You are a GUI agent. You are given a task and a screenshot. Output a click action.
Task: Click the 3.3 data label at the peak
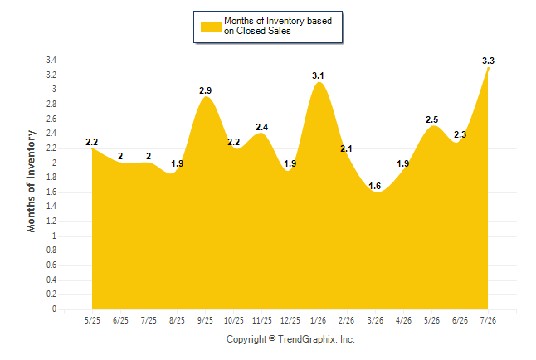tap(488, 61)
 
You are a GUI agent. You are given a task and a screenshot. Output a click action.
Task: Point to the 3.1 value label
tap(318, 75)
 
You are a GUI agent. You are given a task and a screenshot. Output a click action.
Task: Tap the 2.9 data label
tap(206, 90)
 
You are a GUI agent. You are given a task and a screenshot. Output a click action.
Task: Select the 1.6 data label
tap(375, 186)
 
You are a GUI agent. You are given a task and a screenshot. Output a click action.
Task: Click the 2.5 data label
tap(431, 119)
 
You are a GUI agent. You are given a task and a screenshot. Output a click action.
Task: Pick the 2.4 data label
tap(262, 127)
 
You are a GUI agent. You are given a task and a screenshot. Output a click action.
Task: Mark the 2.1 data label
tap(346, 148)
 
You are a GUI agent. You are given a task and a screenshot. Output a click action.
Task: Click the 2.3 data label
tap(460, 134)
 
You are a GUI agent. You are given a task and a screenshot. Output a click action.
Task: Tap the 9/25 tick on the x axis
tap(205, 320)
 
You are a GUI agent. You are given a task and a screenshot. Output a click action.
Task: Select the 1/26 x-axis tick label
tap(319, 320)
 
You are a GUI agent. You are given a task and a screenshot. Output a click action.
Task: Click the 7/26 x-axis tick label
tap(488, 320)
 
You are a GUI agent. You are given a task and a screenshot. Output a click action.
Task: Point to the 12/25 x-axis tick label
tap(290, 320)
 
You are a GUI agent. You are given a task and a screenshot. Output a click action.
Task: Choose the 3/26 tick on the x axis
tap(375, 320)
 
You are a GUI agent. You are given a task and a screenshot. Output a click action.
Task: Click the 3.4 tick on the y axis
tap(51, 61)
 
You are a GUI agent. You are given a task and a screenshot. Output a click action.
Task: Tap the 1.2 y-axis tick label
tap(51, 221)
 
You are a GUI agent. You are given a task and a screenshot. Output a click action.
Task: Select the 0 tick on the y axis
tap(54, 309)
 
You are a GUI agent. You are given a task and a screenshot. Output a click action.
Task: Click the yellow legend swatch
tap(211, 27)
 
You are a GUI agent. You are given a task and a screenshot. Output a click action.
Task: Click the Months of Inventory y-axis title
tap(31, 181)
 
